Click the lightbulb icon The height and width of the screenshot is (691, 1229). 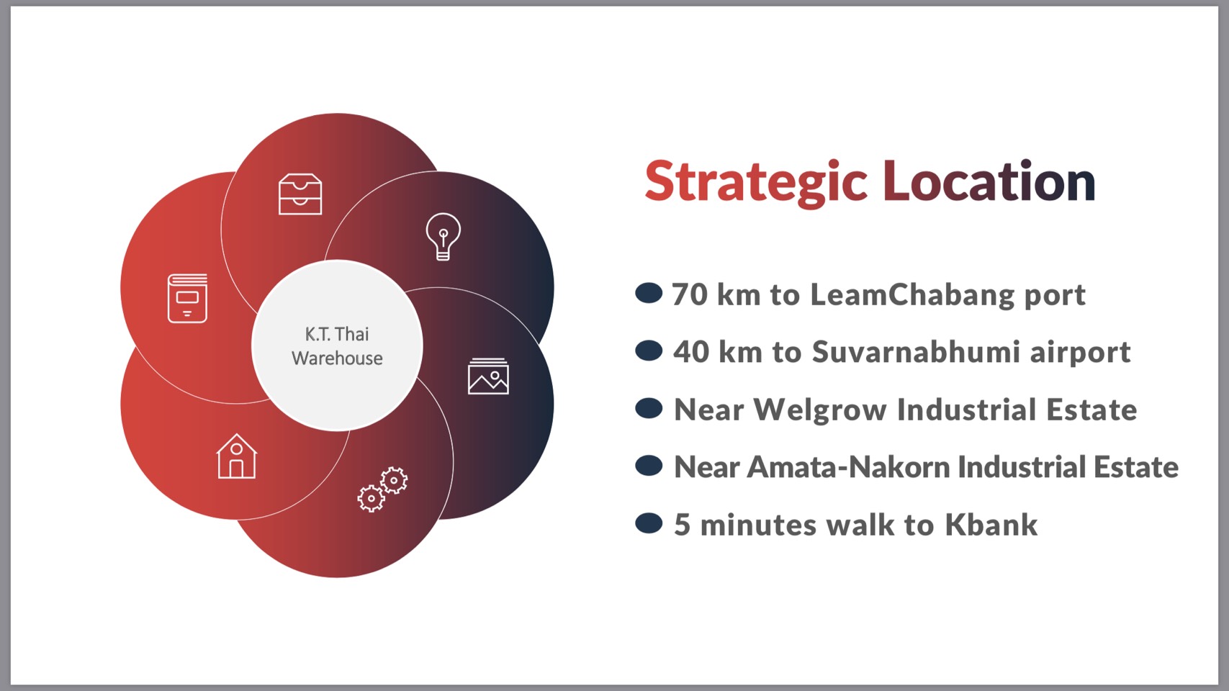(x=444, y=237)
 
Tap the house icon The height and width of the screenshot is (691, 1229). (x=236, y=456)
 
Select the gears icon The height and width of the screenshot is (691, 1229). (x=382, y=489)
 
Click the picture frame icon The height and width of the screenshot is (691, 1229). (x=488, y=376)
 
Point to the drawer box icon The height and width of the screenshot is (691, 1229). (x=300, y=194)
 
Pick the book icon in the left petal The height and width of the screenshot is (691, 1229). (x=188, y=298)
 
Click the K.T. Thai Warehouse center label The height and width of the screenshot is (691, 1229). (x=337, y=346)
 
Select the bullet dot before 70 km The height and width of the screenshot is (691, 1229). (x=649, y=293)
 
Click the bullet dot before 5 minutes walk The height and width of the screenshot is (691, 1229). (x=649, y=523)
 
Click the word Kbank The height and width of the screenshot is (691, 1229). (x=991, y=524)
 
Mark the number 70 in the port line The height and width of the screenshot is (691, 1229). (x=690, y=294)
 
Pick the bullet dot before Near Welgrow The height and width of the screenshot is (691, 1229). (x=649, y=408)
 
